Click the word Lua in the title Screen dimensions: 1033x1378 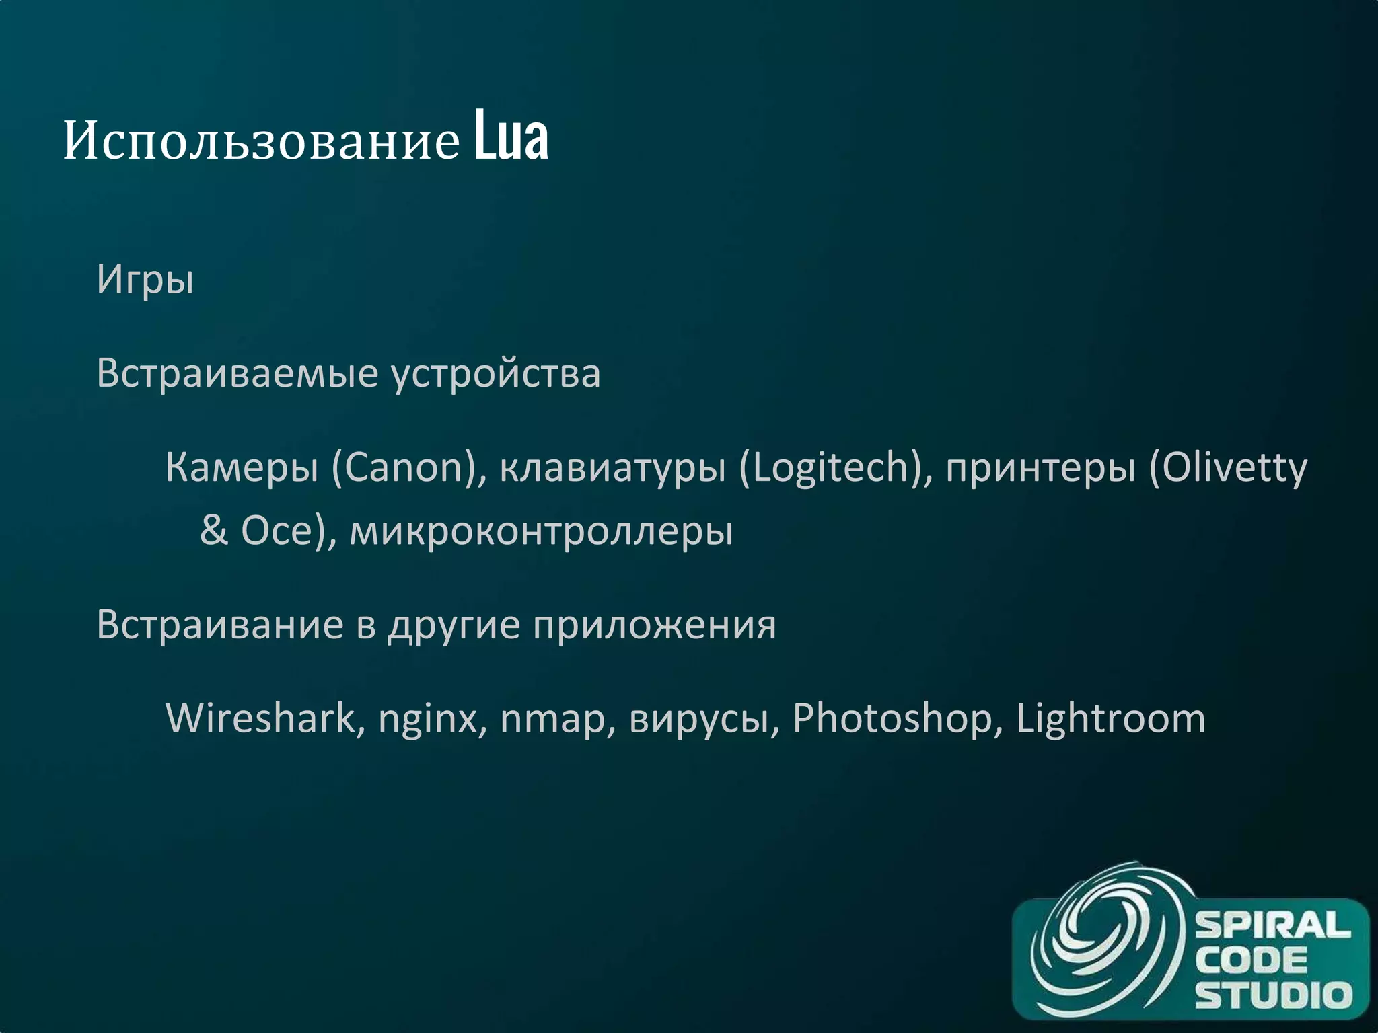tap(511, 138)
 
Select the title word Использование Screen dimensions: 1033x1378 tap(261, 141)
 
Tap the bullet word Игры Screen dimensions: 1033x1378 tap(145, 280)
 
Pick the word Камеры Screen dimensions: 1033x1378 tap(242, 467)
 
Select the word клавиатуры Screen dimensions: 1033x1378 tap(612, 467)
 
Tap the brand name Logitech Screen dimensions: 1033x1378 tap(831, 467)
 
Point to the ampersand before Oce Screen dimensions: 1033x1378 tap(214, 531)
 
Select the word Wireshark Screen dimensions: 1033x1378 tap(260, 718)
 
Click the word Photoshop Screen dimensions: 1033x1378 tap(892, 719)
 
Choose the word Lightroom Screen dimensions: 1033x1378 tap(1110, 719)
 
